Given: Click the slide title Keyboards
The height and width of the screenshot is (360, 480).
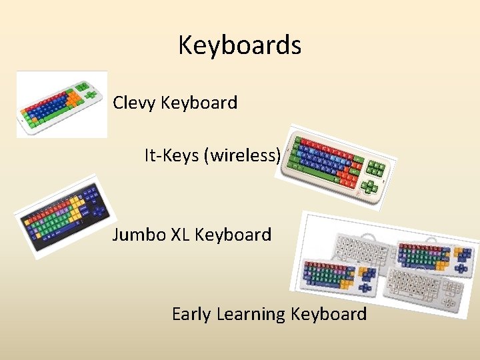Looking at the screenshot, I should (239, 45).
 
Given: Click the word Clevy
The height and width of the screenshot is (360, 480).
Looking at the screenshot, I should (135, 103).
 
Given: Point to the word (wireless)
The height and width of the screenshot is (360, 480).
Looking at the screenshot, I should (242, 156).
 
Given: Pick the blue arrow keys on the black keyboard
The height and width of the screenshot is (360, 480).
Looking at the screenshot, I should (99, 212).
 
